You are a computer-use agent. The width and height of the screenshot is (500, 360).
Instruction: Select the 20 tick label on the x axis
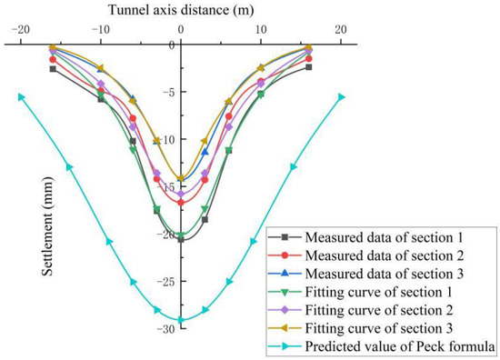[341, 29]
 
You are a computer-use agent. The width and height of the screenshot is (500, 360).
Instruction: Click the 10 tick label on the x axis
[261, 29]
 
